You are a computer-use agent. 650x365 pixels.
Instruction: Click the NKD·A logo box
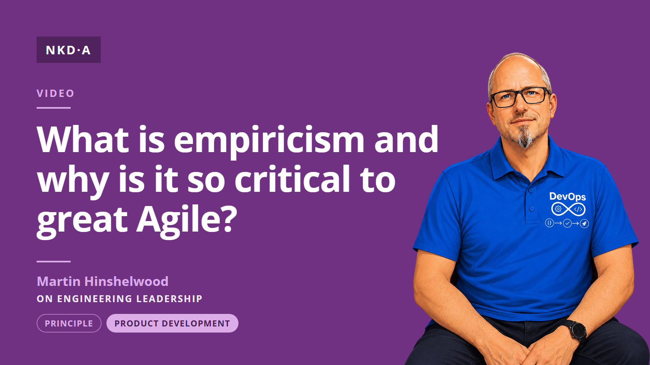click(x=69, y=49)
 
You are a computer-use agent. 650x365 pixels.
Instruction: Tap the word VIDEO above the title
click(x=55, y=93)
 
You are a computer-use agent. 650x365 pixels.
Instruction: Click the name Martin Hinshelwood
click(x=102, y=281)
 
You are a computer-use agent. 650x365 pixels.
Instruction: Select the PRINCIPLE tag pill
click(x=69, y=323)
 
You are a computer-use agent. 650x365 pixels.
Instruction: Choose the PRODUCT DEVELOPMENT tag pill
click(x=172, y=323)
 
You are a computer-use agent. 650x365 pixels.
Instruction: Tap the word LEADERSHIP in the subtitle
click(x=169, y=298)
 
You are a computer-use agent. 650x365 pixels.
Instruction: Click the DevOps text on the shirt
click(x=568, y=197)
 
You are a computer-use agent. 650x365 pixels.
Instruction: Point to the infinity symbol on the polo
click(x=568, y=209)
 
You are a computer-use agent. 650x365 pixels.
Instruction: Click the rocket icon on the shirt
click(x=585, y=223)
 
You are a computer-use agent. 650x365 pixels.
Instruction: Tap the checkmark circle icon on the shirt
click(x=567, y=223)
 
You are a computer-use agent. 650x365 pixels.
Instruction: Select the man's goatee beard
click(x=525, y=136)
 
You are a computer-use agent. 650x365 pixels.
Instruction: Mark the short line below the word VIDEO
click(x=54, y=108)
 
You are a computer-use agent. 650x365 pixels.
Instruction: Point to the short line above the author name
click(x=54, y=261)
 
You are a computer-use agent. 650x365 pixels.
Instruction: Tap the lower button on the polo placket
click(x=532, y=208)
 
